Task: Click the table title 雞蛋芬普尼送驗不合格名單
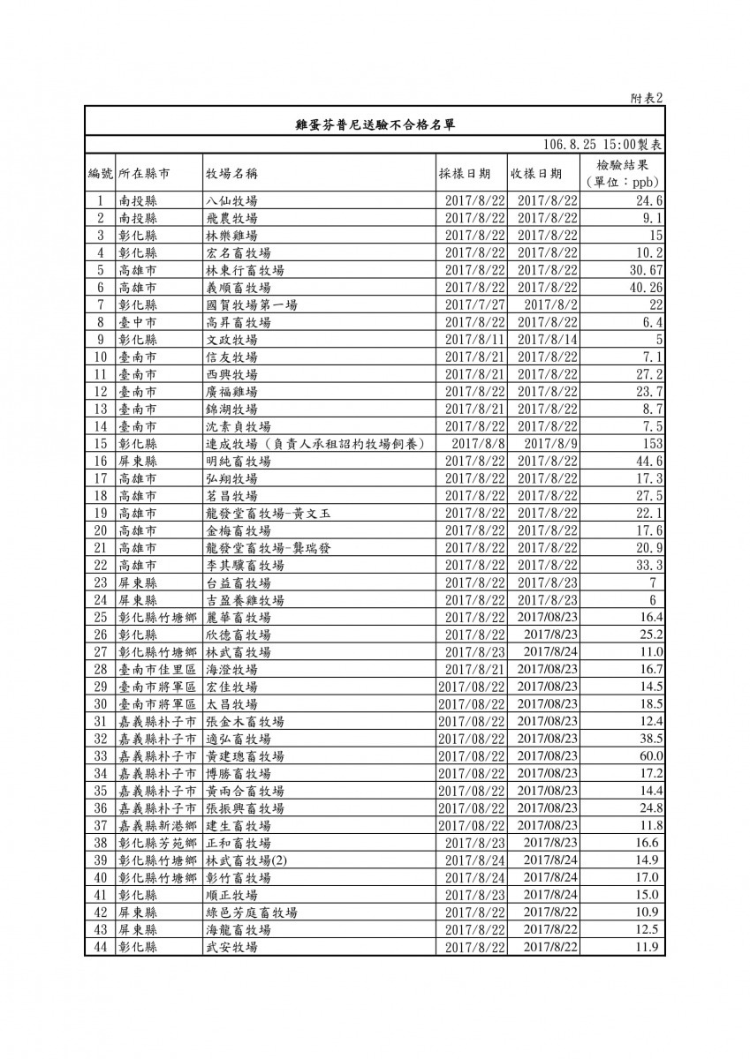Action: pos(375,124)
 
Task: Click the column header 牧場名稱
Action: pos(231,173)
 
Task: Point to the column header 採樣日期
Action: pos(465,173)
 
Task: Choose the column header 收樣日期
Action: pos(536,173)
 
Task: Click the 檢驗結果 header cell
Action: pos(624,165)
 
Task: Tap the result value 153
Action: pos(653,444)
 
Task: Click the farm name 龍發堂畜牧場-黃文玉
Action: pos(265,514)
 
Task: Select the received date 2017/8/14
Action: pos(548,340)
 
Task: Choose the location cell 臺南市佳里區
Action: pos(157,670)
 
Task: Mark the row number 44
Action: pos(100,947)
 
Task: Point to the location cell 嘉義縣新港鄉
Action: pos(157,826)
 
